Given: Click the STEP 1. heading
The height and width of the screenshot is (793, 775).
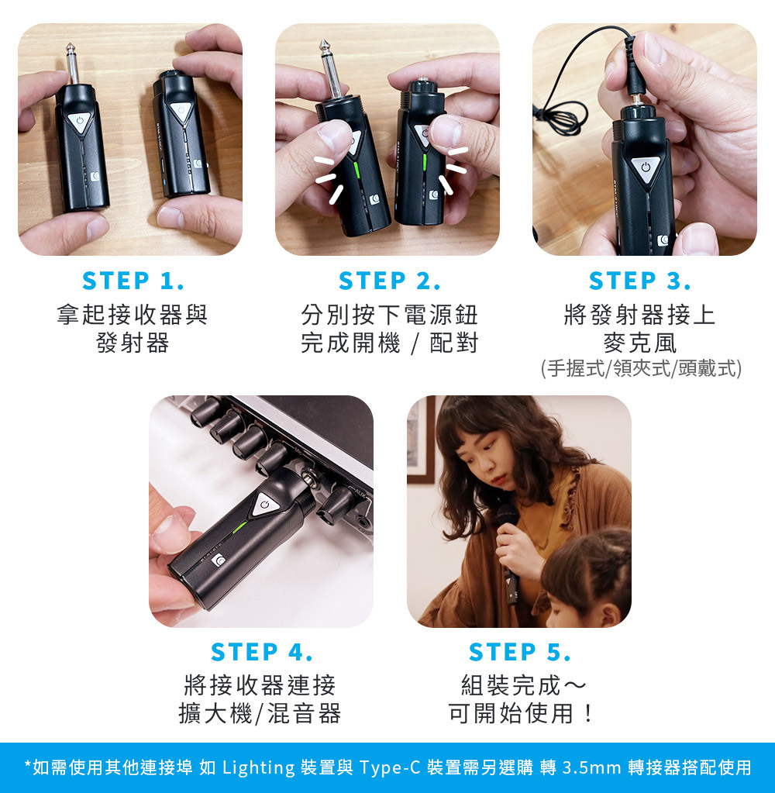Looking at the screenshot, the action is click(x=133, y=281).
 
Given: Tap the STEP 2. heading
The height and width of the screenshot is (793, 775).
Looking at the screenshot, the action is click(x=389, y=281).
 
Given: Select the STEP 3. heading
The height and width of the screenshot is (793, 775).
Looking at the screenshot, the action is click(x=639, y=281).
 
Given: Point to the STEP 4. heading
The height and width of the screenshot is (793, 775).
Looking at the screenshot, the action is click(x=261, y=651).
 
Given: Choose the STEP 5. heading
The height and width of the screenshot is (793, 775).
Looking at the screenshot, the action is click(x=519, y=651).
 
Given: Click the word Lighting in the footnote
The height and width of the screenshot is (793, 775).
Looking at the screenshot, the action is click(x=258, y=767).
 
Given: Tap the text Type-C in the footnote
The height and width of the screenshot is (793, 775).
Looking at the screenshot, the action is click(x=390, y=767).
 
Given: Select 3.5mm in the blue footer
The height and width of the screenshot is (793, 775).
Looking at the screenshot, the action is click(x=591, y=767).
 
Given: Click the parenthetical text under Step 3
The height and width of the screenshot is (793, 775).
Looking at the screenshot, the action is click(x=641, y=368).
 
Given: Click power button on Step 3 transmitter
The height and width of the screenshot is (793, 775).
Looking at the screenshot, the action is click(x=645, y=167).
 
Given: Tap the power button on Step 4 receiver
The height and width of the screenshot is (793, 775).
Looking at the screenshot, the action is click(x=264, y=504).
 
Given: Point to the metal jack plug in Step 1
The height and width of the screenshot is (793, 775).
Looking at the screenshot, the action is click(x=72, y=64).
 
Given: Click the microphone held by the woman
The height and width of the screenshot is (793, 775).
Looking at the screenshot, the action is click(x=508, y=551).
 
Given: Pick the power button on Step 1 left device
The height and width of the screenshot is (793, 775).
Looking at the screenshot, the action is click(x=80, y=122).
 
